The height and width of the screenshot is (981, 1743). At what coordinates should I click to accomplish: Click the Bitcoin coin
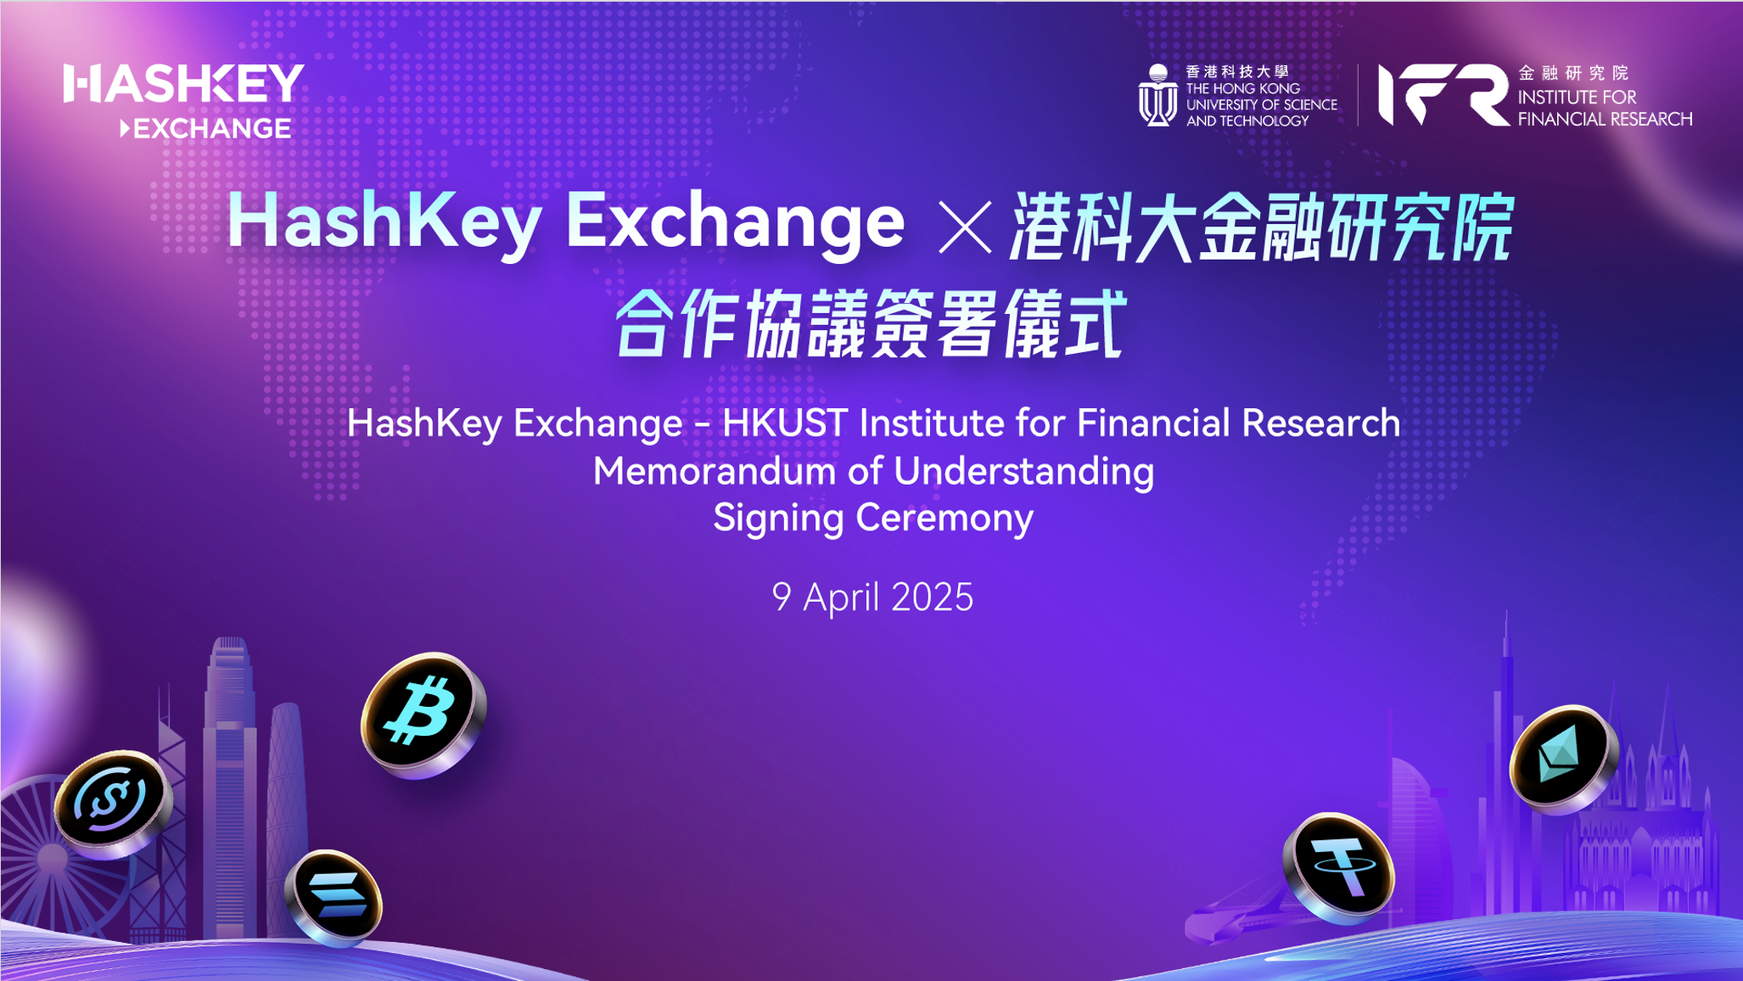pos(423,715)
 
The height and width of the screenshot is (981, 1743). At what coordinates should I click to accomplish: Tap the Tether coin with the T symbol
pos(1339,867)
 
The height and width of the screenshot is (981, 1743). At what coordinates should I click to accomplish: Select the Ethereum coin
pos(1563,758)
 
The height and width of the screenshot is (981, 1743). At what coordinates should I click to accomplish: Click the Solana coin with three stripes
pos(334,897)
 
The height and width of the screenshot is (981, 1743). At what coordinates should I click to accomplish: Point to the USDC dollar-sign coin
pos(113,803)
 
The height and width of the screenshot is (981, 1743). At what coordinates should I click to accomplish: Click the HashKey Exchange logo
pos(183,100)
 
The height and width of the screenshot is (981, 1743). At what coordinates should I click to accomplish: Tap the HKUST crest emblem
pos(1157,95)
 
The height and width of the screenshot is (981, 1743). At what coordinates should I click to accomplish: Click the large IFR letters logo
pos(1443,94)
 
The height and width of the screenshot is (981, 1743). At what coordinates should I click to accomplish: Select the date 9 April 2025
pos(872,597)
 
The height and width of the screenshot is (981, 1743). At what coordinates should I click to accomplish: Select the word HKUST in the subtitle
pos(784,423)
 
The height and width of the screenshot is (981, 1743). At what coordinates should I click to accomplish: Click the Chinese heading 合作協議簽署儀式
pos(871,324)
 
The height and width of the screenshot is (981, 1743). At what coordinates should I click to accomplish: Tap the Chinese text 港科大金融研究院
pos(1262,227)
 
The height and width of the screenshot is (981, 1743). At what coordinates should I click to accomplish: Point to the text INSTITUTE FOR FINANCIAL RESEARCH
pos(1605,108)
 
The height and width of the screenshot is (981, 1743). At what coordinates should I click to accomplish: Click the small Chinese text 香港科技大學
pos(1237,72)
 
